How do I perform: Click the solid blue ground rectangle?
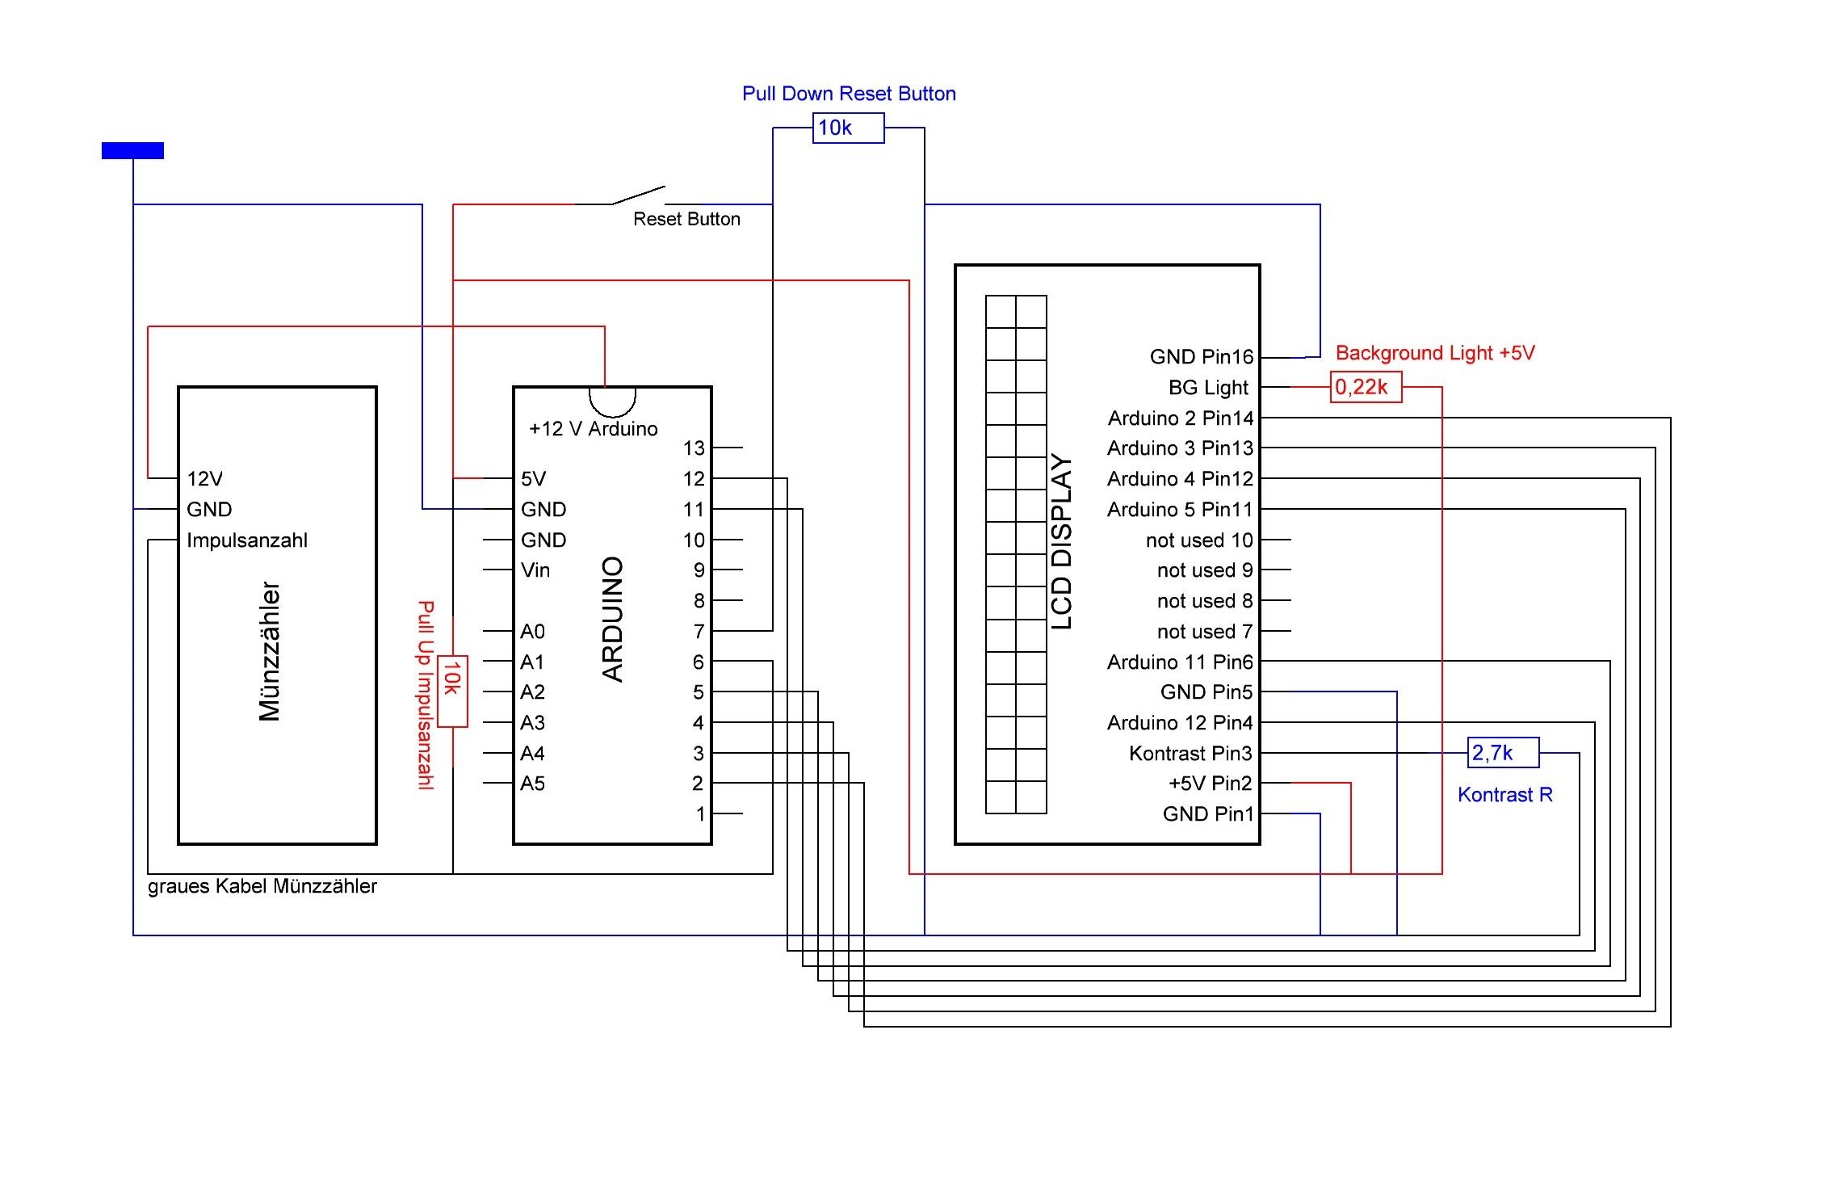click(132, 150)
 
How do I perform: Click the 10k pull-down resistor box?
click(848, 128)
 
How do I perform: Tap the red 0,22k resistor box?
click(1366, 387)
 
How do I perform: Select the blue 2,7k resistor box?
click(1503, 753)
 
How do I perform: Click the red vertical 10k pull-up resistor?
click(452, 691)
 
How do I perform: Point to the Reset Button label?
click(686, 219)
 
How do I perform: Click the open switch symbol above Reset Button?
click(637, 195)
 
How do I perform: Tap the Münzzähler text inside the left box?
click(270, 651)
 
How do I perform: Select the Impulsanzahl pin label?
click(247, 540)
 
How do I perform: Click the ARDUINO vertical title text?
click(613, 619)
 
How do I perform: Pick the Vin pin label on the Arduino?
click(535, 570)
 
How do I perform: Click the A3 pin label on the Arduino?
click(532, 722)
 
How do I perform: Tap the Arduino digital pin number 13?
click(694, 448)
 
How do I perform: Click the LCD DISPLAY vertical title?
click(1062, 541)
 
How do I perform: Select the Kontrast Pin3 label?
click(1190, 753)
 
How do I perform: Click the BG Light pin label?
click(1208, 388)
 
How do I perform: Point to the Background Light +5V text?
click(1435, 353)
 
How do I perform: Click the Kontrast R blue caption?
click(1504, 795)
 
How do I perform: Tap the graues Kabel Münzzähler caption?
click(262, 886)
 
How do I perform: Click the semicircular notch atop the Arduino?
click(612, 400)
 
